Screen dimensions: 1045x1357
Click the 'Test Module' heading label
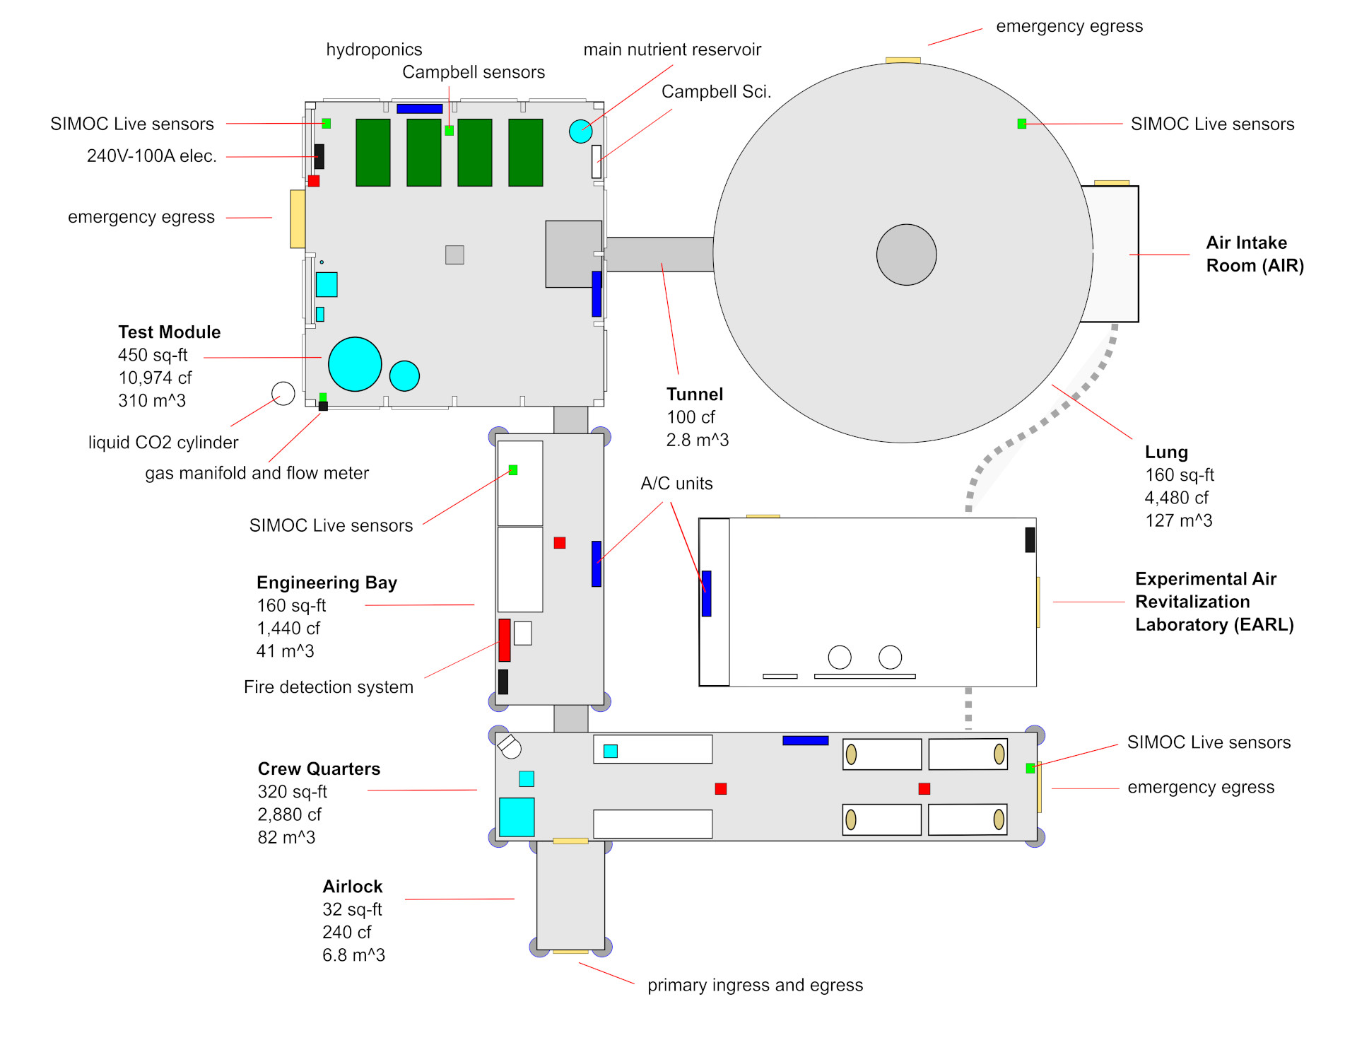pos(169,332)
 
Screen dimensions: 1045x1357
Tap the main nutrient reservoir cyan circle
pos(580,131)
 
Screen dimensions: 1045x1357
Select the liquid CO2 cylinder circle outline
pos(283,393)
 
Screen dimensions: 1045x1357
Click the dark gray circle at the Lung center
pos(906,255)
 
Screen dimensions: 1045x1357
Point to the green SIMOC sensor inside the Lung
pos(1021,124)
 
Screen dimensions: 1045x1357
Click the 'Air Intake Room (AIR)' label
pos(1254,254)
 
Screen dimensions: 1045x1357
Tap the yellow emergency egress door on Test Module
pos(298,218)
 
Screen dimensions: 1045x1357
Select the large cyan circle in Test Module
pos(355,364)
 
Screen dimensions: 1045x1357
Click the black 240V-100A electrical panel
pos(319,156)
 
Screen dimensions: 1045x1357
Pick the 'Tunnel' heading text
pos(694,395)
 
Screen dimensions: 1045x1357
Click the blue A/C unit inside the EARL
pos(706,593)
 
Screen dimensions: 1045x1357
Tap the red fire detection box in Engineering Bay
pos(504,640)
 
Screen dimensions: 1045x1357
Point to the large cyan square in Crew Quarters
pos(517,817)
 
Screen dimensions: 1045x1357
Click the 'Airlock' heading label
pos(352,887)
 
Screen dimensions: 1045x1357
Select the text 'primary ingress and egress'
pos(755,985)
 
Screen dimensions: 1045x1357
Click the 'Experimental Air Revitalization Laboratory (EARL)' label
pos(1214,602)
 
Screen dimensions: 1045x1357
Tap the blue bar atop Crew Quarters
pos(805,740)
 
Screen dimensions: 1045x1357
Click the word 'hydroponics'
pos(374,49)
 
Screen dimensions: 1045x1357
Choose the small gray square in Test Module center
pos(454,255)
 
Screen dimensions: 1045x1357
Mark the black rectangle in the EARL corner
pos(1030,539)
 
